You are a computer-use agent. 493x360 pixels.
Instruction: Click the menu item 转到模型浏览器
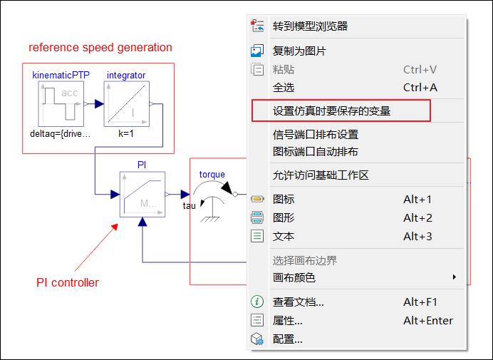(310, 26)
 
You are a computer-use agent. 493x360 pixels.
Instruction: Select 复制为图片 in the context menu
(299, 51)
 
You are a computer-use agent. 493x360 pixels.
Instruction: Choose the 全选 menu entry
(284, 88)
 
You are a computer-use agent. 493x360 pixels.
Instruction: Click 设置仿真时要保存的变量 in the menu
(332, 111)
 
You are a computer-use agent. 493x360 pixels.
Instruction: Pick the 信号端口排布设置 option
(316, 134)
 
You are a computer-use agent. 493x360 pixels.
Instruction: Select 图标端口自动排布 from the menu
(316, 152)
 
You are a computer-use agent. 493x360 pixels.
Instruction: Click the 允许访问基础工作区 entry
(321, 175)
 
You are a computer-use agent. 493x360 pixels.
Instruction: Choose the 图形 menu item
(284, 217)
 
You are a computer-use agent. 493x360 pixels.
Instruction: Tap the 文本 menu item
(284, 236)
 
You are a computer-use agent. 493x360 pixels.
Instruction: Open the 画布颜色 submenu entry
(294, 277)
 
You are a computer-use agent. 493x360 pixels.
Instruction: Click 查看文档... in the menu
(298, 302)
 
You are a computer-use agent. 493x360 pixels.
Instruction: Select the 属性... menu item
(287, 321)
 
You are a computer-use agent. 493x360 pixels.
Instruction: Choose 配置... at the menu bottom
(287, 339)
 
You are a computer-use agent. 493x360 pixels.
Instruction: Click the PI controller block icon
(142, 194)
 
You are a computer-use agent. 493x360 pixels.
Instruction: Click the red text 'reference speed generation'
(100, 48)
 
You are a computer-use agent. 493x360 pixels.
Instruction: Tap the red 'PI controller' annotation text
(68, 282)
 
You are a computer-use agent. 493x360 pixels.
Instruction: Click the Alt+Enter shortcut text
(428, 321)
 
